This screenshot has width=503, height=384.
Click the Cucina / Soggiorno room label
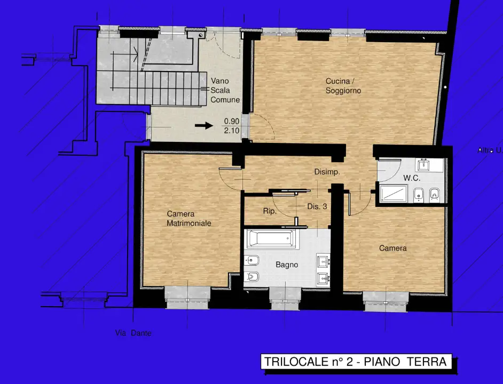pyautogui.click(x=343, y=86)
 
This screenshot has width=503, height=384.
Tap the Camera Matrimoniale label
pyautogui.click(x=188, y=219)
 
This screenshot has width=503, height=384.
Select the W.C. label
pyautogui.click(x=412, y=178)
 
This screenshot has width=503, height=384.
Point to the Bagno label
pyautogui.click(x=287, y=265)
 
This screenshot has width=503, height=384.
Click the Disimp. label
pyautogui.click(x=327, y=172)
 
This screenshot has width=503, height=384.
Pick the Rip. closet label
pyautogui.click(x=270, y=212)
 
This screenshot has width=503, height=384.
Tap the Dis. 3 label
pyautogui.click(x=317, y=206)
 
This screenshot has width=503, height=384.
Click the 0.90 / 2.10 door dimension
pyautogui.click(x=231, y=125)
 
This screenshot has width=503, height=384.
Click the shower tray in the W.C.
pyautogui.click(x=393, y=193)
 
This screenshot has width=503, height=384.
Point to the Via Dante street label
pyautogui.click(x=133, y=333)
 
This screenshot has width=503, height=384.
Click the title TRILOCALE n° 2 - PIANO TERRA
pyautogui.click(x=355, y=362)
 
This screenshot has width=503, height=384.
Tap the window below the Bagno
pyautogui.click(x=286, y=296)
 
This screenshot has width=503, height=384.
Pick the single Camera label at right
pyautogui.click(x=393, y=248)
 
